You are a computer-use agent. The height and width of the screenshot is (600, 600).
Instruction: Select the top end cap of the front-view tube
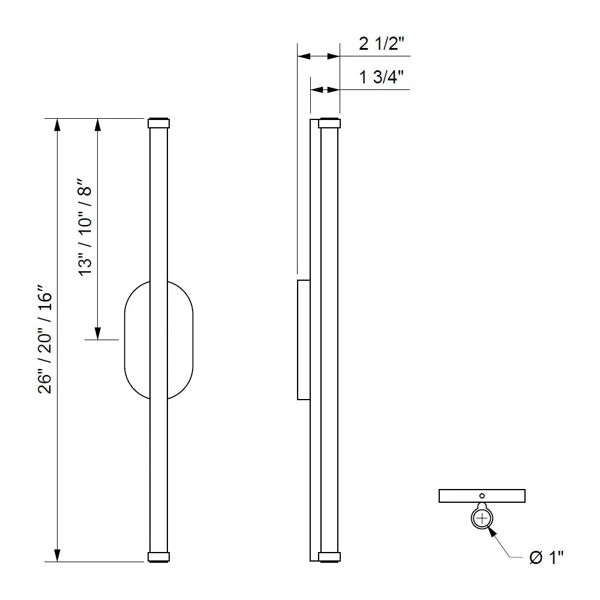158,124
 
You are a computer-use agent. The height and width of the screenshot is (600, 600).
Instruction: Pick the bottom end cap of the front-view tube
158,557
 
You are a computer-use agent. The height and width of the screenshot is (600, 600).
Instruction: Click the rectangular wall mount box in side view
304,339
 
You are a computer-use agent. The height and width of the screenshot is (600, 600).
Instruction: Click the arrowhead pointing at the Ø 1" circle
493,530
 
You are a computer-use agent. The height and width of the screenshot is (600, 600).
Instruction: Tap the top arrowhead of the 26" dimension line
58,124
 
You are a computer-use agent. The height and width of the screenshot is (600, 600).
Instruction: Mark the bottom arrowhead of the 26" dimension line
58,556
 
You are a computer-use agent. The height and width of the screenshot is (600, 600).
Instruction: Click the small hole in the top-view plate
482,496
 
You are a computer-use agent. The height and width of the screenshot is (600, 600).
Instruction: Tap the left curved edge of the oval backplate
124,340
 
